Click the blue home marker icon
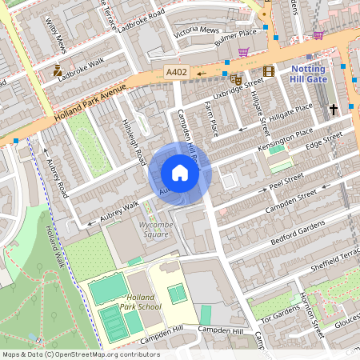[180, 173]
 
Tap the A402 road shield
[176, 72]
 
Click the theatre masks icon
[235, 79]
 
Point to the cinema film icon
[268, 71]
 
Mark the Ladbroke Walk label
[86, 62]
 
